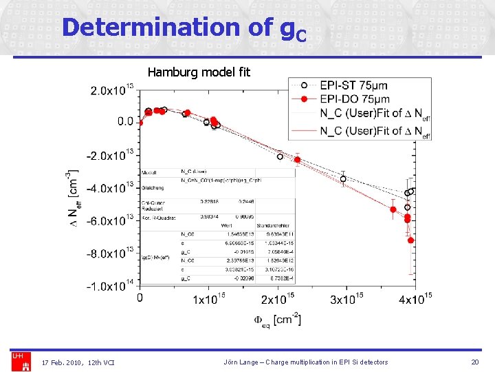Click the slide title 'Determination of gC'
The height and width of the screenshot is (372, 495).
[183, 28]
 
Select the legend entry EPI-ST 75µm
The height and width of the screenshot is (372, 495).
[353, 85]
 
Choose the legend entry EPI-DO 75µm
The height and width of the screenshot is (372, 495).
[353, 100]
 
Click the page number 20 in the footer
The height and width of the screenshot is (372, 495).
[474, 362]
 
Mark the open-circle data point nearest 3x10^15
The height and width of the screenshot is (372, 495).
[343, 179]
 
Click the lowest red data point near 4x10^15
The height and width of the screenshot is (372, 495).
[410, 240]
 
